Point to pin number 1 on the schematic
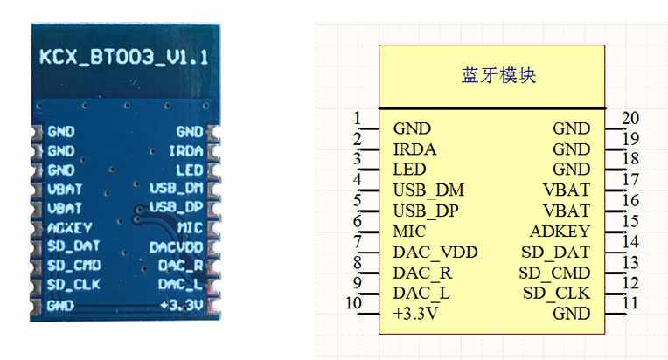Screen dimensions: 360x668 (358, 118)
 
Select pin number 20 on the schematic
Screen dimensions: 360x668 (630, 118)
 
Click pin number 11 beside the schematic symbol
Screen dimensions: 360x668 (630, 302)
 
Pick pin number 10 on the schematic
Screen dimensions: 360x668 (354, 302)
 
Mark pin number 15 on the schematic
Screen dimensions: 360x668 (630, 220)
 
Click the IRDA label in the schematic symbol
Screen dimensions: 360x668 (414, 149)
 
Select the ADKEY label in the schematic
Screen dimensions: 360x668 (560, 232)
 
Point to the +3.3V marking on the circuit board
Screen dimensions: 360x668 (182, 305)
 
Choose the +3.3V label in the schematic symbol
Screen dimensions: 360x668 (415, 313)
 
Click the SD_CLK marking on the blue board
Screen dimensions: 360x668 (68, 285)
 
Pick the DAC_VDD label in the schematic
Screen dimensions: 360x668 (435, 252)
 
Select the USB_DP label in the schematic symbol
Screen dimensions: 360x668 (426, 211)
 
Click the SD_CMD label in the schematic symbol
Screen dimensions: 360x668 (553, 272)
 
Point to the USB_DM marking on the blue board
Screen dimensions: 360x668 (176, 189)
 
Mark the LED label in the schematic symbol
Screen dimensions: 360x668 (409, 170)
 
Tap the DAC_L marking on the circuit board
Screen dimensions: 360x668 (182, 285)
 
